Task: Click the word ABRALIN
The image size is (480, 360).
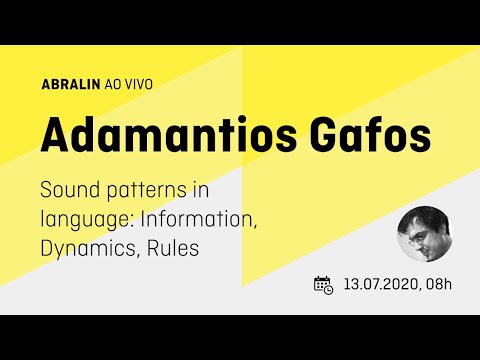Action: (x=75, y=85)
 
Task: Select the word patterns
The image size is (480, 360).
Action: (x=153, y=191)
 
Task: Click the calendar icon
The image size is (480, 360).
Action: (x=323, y=284)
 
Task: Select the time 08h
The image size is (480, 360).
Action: (x=438, y=285)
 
